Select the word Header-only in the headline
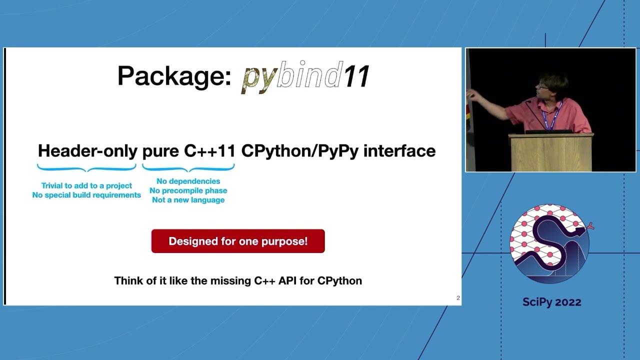[87, 151]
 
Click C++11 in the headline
[209, 151]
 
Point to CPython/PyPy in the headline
[299, 151]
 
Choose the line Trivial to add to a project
[86, 185]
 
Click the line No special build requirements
[86, 195]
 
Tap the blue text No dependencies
[188, 181]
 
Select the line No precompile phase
[188, 190]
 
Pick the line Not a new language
[188, 200]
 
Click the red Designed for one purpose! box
[238, 241]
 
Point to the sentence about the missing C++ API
[238, 280]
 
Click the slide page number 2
[458, 298]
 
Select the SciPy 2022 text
[551, 302]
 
